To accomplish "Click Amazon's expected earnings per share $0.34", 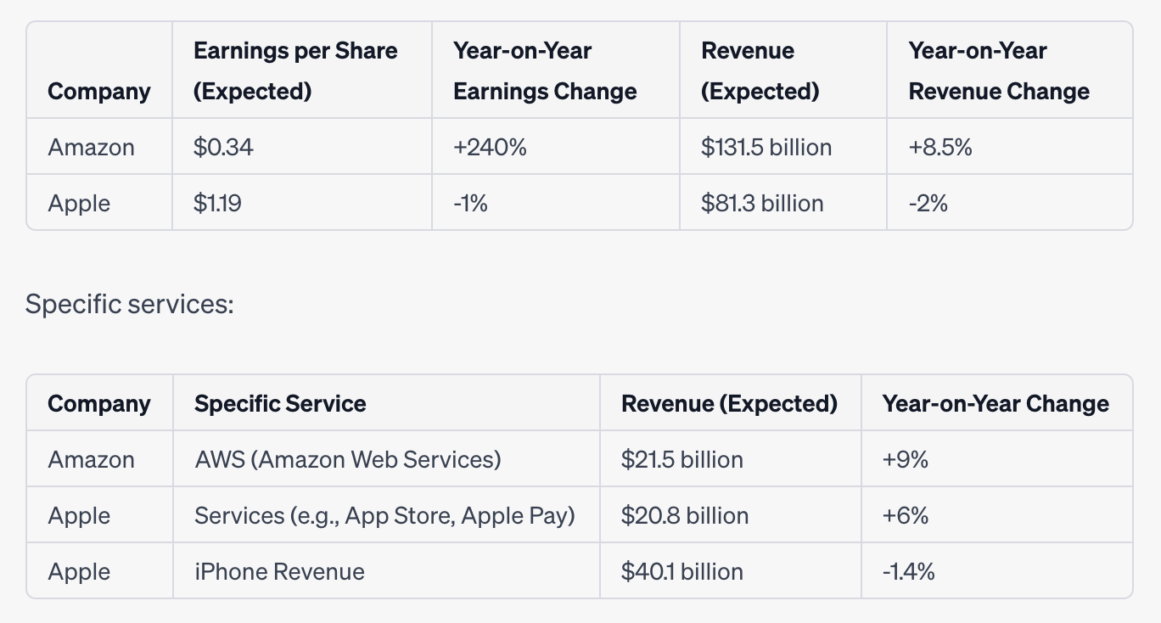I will tap(223, 147).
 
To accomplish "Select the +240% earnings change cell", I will tap(490, 147).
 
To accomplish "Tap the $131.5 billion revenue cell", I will tap(766, 147).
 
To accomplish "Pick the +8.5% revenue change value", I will tap(940, 147).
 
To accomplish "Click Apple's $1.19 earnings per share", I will tap(217, 203).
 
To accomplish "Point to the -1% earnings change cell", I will tap(470, 203).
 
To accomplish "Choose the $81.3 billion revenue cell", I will tap(761, 203).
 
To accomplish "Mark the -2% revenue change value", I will tap(928, 203).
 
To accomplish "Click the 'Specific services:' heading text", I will tap(129, 303).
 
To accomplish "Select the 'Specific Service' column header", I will tap(280, 403).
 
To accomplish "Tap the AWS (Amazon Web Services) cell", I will tap(347, 459).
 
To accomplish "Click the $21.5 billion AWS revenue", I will tap(681, 459).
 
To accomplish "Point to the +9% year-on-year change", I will tap(905, 459).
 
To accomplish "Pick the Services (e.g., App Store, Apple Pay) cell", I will tap(384, 515).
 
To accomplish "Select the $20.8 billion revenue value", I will tap(684, 515).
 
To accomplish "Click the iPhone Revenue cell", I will tap(279, 571).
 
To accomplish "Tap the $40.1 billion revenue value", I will tap(681, 571).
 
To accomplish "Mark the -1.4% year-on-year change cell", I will tap(908, 571).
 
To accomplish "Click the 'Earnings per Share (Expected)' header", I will tap(295, 70).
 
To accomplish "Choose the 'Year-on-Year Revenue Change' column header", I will tap(999, 70).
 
